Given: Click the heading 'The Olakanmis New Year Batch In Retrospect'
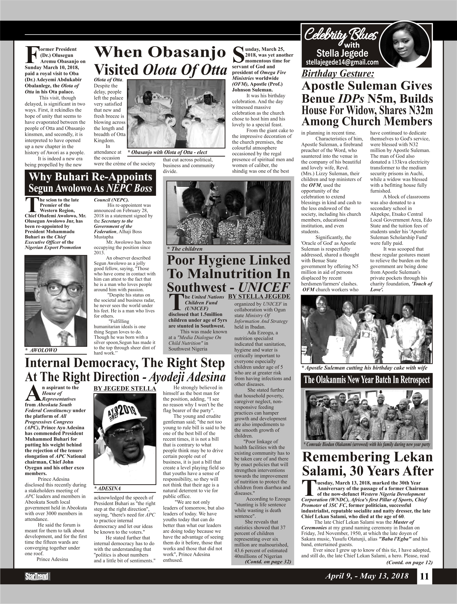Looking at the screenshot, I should [x=367, y=380].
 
